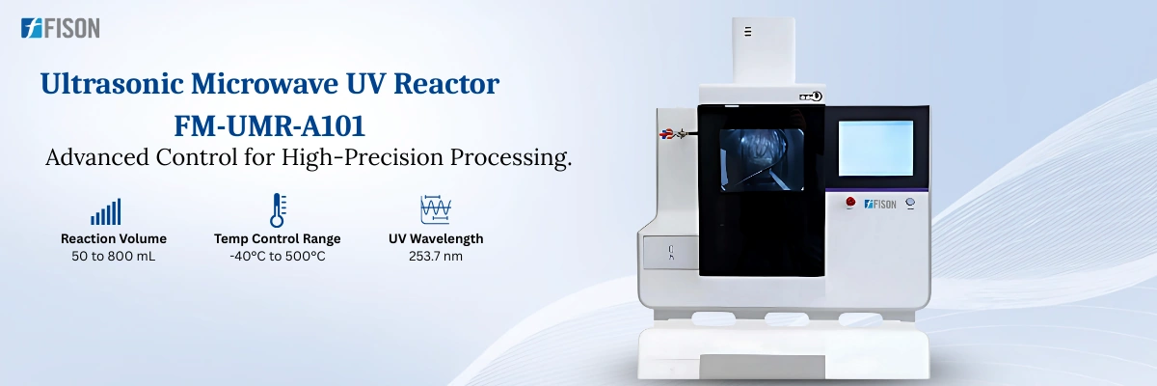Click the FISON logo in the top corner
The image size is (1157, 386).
(60, 29)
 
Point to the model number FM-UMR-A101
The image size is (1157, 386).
(270, 125)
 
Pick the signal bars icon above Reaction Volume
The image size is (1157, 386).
(106, 211)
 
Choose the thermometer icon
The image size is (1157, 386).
(278, 210)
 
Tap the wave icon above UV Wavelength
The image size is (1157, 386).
(436, 210)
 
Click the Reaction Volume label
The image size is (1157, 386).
(114, 238)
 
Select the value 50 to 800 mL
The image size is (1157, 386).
(114, 257)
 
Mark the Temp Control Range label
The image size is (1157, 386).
(278, 238)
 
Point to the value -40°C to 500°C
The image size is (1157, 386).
(278, 257)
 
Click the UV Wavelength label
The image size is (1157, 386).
(436, 238)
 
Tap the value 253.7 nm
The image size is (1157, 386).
(436, 257)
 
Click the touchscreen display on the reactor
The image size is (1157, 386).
(875, 148)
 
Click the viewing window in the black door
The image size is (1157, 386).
(762, 159)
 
